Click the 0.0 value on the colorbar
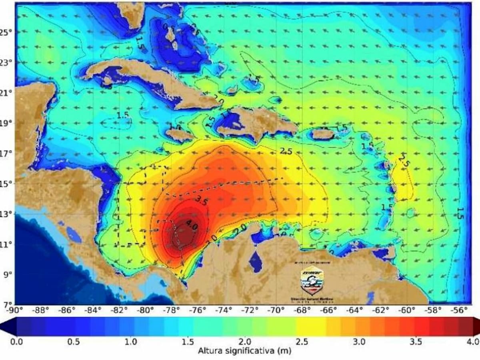pos(16,342)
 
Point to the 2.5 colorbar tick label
pos(302,342)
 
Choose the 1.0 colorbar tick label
pos(131,342)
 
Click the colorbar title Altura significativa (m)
pos(245,351)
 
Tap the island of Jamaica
pos(180,135)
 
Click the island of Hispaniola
pos(256,122)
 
